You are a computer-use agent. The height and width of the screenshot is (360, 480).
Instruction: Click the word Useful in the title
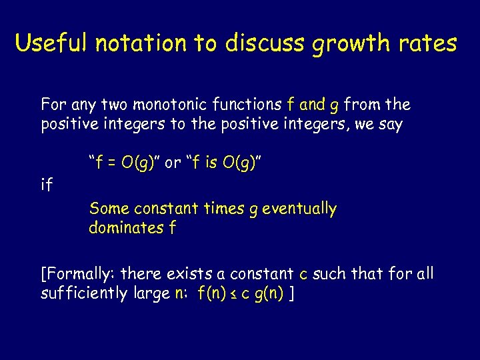(x=52, y=43)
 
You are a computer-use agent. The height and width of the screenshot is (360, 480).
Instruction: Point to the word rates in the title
(x=429, y=44)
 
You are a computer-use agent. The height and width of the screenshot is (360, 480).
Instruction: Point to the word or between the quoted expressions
(x=172, y=163)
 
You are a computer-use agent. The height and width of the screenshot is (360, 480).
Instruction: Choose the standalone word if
(x=47, y=185)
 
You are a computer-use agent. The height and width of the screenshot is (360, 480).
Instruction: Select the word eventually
(x=299, y=209)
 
